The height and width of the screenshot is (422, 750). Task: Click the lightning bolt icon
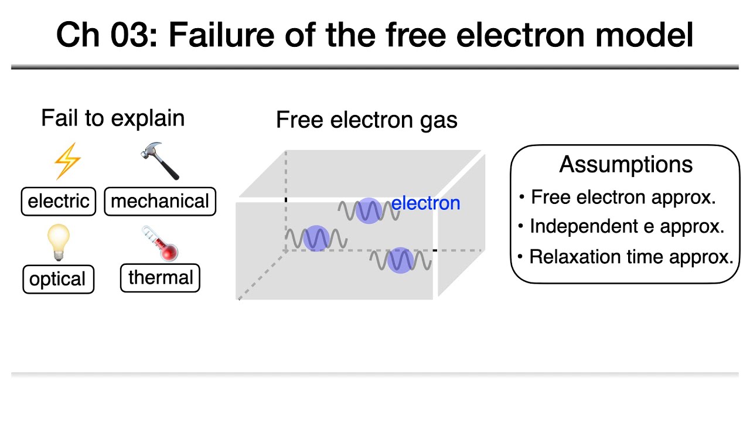[66, 161]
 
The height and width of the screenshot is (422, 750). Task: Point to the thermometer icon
[160, 243]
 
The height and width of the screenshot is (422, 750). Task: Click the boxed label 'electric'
[59, 201]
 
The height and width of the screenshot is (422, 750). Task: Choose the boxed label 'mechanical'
[160, 201]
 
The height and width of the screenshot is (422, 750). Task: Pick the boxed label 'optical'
[58, 279]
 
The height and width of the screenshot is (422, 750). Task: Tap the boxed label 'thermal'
[160, 277]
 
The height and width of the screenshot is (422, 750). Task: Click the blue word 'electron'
[426, 203]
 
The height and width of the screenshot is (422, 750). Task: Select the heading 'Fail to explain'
[112, 118]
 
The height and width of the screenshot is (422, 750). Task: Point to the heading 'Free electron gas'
[366, 120]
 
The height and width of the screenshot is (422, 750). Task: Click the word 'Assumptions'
[626, 164]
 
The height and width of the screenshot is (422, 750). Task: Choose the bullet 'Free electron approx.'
[623, 197]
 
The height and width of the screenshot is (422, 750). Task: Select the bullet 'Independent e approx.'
[626, 226]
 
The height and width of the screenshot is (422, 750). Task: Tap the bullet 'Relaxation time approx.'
[631, 257]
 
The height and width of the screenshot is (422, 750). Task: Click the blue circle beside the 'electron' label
[369, 211]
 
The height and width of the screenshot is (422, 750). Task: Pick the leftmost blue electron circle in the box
[316, 239]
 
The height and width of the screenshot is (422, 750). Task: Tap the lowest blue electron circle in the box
[400, 260]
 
